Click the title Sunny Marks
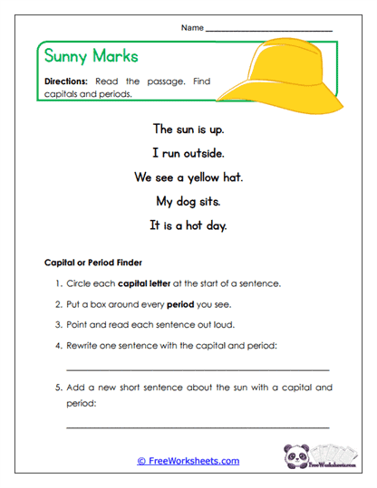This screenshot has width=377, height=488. (92, 56)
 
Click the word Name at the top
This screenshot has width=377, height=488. (192, 28)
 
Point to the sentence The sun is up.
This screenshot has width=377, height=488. (188, 129)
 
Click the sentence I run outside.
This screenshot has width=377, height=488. (188, 153)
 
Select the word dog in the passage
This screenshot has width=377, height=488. (187, 201)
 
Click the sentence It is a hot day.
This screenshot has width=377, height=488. (188, 225)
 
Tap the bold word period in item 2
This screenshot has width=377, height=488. (180, 304)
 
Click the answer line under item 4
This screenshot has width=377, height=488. (198, 369)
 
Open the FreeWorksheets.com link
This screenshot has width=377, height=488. (188, 461)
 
